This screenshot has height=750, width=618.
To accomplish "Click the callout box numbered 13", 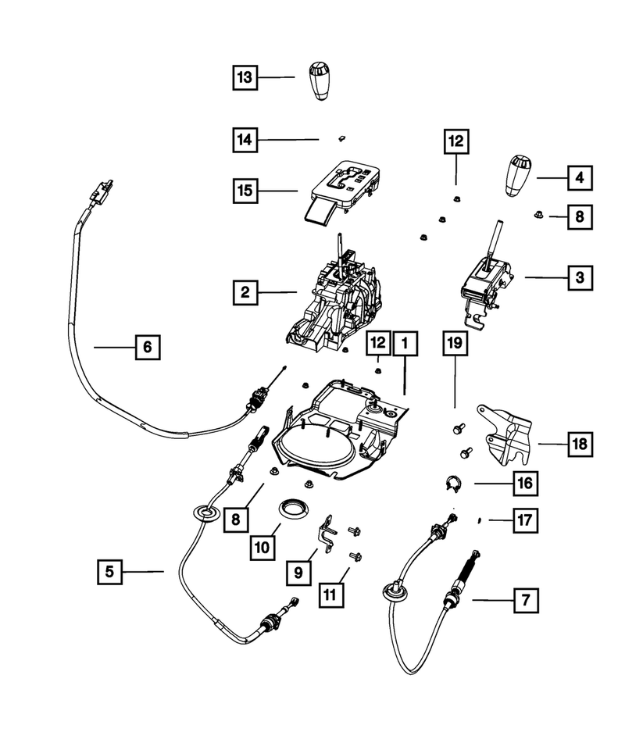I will pyautogui.click(x=245, y=77).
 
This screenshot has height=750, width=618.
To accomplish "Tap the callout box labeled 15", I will pyautogui.click(x=245, y=190).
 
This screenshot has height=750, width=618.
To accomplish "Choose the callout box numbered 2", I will pyautogui.click(x=245, y=293).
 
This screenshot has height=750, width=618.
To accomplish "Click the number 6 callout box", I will pyautogui.click(x=147, y=346).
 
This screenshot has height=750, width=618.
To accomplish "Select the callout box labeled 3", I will pyautogui.click(x=579, y=277).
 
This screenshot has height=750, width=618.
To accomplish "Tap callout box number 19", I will pyautogui.click(x=455, y=341).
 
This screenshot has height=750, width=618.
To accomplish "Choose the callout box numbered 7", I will pyautogui.click(x=525, y=601).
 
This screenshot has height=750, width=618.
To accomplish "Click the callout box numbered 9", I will pyautogui.click(x=298, y=573).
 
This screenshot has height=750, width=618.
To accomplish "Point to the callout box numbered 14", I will pyautogui.click(x=245, y=140).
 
